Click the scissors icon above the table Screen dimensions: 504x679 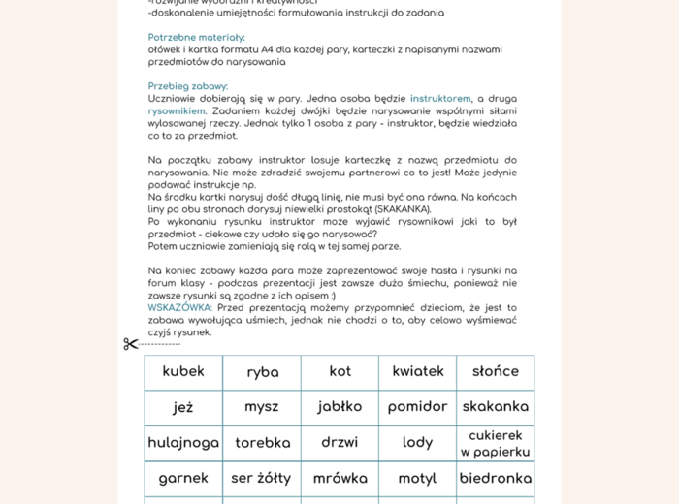coord(131,344)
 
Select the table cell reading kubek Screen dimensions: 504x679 coord(183,371)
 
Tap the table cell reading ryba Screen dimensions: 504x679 coord(262,372)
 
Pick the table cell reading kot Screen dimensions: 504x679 coord(339,371)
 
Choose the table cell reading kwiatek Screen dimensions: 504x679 coord(417,371)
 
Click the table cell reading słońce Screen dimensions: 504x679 coord(495,371)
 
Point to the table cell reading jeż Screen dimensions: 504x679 coord(183,407)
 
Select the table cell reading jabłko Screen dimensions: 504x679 coord(339,407)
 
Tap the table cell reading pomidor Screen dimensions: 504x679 coord(417,407)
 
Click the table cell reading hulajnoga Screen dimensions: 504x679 coord(183,443)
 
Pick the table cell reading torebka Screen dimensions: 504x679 coord(262,443)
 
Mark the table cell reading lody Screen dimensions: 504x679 coord(417,443)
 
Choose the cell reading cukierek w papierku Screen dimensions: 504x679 coord(495,443)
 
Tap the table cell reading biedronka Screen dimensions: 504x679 coord(495,478)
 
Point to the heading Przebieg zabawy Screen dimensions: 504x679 coord(188,86)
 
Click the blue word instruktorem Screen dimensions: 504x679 coord(440,99)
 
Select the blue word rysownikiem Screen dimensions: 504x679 coord(177,110)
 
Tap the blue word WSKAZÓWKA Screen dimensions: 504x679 coord(180,308)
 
